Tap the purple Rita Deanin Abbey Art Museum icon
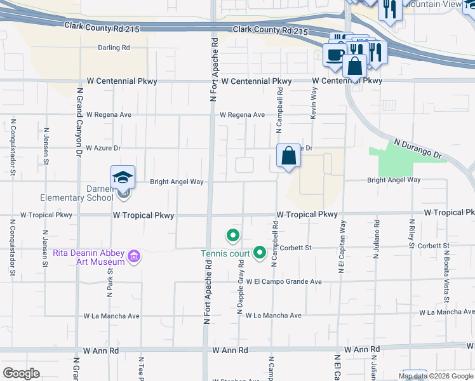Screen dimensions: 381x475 [x=134, y=257]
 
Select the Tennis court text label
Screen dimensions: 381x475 [x=226, y=254]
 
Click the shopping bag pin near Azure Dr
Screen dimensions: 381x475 [x=288, y=156]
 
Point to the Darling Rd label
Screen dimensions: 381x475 [x=114, y=48]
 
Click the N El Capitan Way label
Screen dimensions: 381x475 [x=342, y=248]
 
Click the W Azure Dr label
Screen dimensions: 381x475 [x=103, y=148]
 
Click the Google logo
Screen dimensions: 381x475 [x=21, y=373]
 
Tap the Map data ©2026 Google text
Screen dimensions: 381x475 [x=435, y=376]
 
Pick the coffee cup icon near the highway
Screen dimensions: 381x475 [x=334, y=54]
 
